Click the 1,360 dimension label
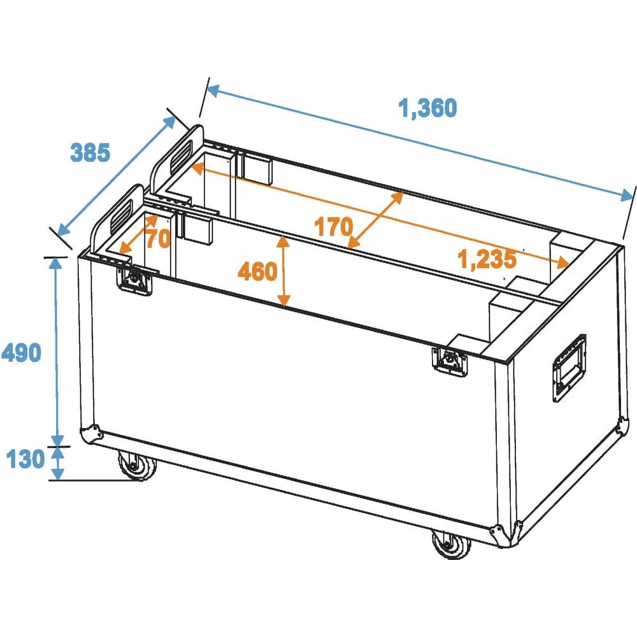coord(428,109)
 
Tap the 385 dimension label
coord(90,152)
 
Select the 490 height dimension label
coord(22,352)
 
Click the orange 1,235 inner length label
coord(487,259)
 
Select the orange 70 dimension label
coord(157,240)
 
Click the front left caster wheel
coord(136,467)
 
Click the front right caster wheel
coord(450,545)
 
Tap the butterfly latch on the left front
coord(136,278)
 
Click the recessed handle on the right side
coord(569,368)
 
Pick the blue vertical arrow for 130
coord(58,462)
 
